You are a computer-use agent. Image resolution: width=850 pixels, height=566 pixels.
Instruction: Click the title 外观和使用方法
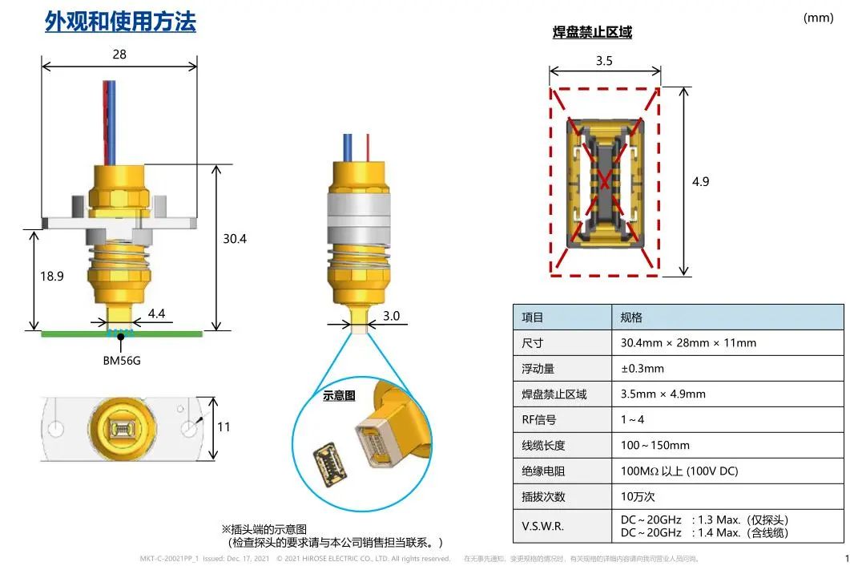(x=120, y=22)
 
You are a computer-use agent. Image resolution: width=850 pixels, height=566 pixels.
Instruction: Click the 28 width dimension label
(x=119, y=55)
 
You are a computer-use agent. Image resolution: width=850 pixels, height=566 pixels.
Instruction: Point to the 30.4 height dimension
(x=235, y=239)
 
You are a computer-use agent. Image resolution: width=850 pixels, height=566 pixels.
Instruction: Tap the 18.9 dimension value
(x=51, y=277)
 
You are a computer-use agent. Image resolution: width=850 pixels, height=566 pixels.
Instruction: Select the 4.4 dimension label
(x=157, y=313)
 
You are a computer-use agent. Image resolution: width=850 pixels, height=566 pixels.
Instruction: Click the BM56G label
(x=122, y=360)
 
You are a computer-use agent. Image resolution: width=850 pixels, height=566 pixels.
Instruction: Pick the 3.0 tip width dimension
(x=392, y=316)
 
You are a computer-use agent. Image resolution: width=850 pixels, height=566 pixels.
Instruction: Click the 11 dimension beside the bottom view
(x=224, y=427)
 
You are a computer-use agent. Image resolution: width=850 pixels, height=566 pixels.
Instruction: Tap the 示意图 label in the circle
(x=340, y=395)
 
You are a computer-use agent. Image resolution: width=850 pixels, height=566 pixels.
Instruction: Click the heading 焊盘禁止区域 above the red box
(x=593, y=33)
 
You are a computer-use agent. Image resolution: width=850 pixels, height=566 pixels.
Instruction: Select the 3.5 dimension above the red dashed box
(x=604, y=61)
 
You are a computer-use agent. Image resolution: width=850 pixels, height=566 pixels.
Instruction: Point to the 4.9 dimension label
(x=700, y=182)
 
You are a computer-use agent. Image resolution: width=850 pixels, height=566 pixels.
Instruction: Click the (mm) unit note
(x=819, y=18)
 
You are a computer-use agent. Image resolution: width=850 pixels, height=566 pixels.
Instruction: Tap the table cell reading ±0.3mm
(x=643, y=369)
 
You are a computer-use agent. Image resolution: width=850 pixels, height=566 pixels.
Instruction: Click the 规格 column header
(x=631, y=317)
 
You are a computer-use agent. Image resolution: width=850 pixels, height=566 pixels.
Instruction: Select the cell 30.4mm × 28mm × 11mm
(x=688, y=343)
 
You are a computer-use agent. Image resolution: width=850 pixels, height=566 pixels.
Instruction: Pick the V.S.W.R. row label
(x=542, y=527)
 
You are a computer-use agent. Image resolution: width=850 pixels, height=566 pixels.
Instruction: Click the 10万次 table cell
(x=638, y=496)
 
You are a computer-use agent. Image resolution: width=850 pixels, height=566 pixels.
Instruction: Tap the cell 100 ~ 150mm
(x=655, y=446)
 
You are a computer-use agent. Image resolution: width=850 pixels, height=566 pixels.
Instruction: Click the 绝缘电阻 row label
(x=543, y=471)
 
